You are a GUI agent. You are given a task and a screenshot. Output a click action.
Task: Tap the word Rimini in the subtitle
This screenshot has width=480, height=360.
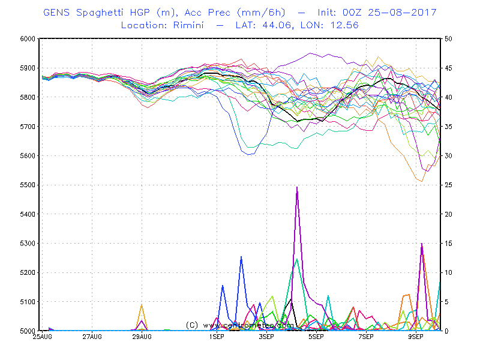188,25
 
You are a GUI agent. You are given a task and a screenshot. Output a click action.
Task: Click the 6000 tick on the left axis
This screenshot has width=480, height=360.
28,38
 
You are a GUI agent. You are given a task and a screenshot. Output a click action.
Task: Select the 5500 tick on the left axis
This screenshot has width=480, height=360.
28,185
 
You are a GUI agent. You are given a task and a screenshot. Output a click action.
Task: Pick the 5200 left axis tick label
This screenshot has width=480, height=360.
28,272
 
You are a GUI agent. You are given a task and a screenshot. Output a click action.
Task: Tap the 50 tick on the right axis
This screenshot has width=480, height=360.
448,38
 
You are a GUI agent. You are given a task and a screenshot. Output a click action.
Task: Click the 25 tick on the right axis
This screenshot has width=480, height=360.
448,185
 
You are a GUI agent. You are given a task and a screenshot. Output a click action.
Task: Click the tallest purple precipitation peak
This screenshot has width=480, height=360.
297,187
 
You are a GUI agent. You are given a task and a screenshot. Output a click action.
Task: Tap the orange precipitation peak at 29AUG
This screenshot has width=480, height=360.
142,305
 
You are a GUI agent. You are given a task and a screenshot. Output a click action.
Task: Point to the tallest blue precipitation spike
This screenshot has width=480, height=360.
241,257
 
